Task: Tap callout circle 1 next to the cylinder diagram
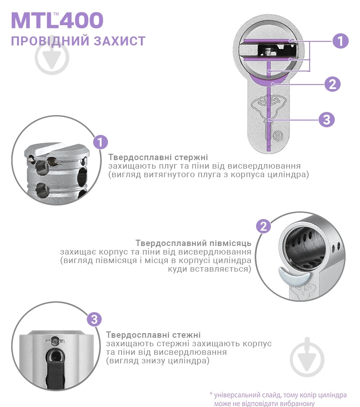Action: (x=340, y=41)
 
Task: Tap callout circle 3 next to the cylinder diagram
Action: (x=327, y=120)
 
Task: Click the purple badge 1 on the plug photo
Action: (x=100, y=143)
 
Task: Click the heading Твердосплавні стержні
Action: (x=158, y=157)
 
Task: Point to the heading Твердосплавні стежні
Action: (x=153, y=335)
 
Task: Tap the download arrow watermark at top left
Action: (x=52, y=58)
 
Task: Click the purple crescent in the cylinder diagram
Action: (x=269, y=81)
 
